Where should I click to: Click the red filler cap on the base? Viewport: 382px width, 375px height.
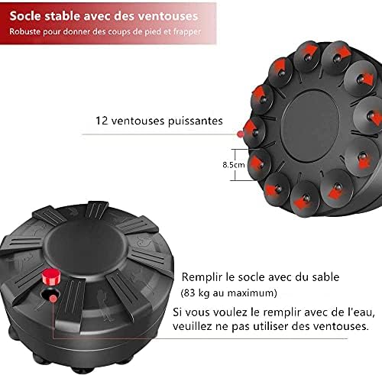point(51,276)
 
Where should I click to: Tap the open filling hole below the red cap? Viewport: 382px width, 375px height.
point(50,295)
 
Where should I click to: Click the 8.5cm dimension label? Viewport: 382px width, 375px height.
point(234,165)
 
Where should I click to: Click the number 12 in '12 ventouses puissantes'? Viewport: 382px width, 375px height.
point(102,121)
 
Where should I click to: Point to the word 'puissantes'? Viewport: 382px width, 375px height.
point(196,121)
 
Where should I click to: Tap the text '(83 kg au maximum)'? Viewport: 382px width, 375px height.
point(228,293)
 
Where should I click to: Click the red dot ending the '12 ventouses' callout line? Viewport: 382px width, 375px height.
point(240,134)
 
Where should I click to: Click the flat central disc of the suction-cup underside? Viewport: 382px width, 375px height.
point(310,126)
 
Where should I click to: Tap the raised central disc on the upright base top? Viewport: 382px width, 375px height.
point(86,248)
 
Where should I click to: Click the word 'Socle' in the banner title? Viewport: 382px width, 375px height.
point(25,16)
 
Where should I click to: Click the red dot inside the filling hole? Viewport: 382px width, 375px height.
point(53,299)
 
